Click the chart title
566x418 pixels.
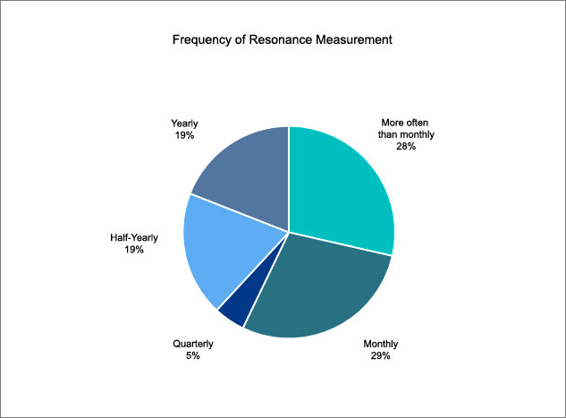(x=283, y=39)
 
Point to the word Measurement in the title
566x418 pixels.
(x=354, y=39)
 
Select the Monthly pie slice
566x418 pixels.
(x=321, y=289)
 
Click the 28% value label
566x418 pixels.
(x=406, y=146)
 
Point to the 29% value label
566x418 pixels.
(x=380, y=356)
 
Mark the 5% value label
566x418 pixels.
(x=193, y=355)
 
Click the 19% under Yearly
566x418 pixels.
(x=185, y=135)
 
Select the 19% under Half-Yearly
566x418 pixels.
(x=134, y=250)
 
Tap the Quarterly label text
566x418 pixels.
(x=193, y=344)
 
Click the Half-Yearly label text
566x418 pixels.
(x=134, y=238)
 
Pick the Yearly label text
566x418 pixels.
(x=185, y=124)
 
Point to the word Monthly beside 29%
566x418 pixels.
(x=380, y=344)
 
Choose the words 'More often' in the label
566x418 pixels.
(x=405, y=123)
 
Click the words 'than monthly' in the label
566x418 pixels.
(x=406, y=135)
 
